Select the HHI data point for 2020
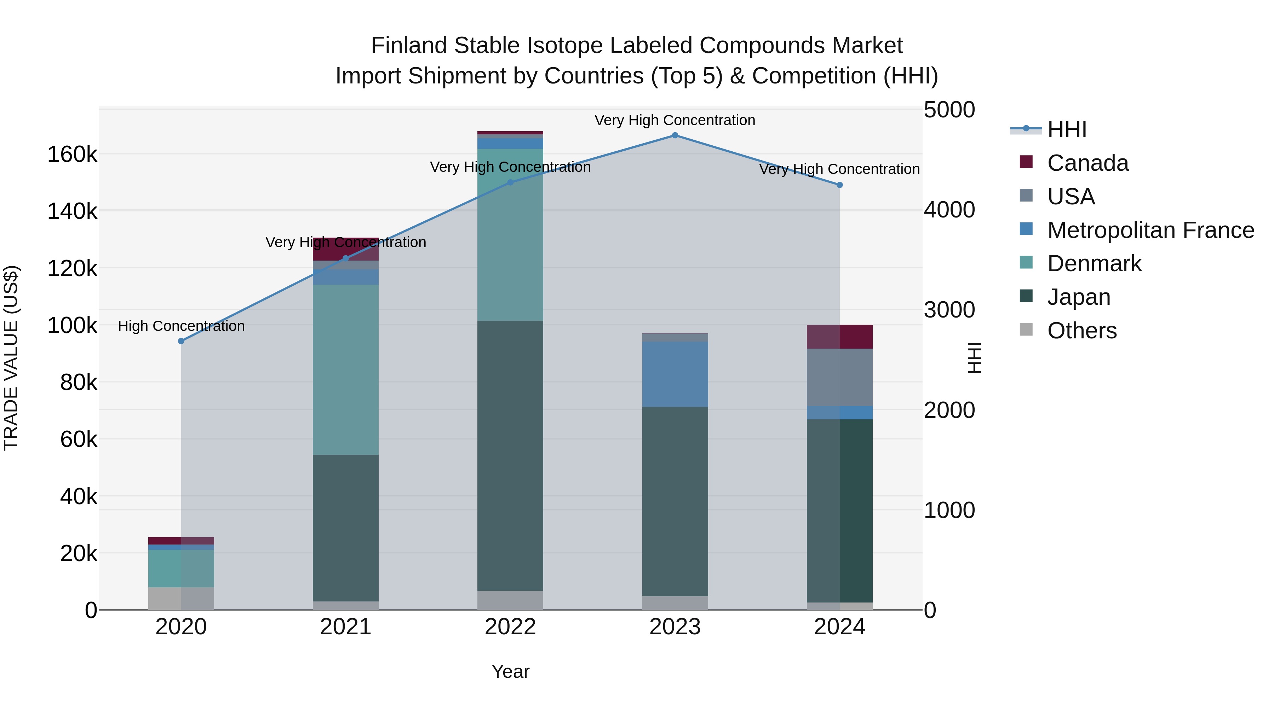[x=181, y=341]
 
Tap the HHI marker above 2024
[x=839, y=185]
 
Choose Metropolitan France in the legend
[x=1150, y=230]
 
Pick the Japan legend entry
[x=1079, y=297]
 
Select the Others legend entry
[x=1081, y=331]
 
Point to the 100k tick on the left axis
[x=72, y=326]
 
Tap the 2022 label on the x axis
[x=510, y=627]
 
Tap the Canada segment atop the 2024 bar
[x=839, y=337]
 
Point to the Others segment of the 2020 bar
[x=181, y=598]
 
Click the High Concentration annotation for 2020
[x=181, y=326]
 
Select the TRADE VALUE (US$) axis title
[x=11, y=358]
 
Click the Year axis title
[x=510, y=671]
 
